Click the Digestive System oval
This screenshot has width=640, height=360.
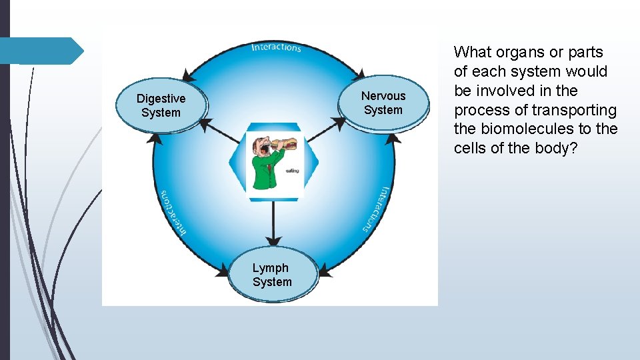(161, 105)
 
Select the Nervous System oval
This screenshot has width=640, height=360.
(383, 103)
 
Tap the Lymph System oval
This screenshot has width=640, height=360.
(272, 275)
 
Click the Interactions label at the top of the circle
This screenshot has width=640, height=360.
(276, 47)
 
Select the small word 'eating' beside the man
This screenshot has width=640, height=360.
(292, 171)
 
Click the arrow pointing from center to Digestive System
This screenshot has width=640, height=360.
(217, 131)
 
